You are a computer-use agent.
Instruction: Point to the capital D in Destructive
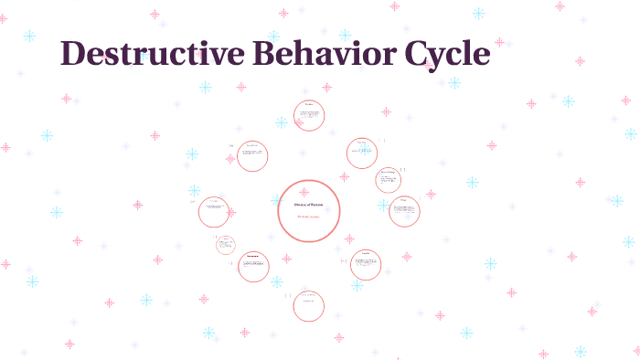click(74, 54)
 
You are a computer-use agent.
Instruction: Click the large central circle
click(309, 211)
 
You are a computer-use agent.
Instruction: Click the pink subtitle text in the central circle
click(308, 217)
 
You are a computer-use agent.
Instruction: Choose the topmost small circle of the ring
click(309, 116)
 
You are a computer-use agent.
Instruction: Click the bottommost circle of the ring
click(309, 306)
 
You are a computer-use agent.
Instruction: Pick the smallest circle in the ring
click(226, 244)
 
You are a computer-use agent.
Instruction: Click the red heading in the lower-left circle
click(253, 256)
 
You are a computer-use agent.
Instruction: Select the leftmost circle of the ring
click(214, 212)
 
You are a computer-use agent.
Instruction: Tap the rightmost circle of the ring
click(404, 211)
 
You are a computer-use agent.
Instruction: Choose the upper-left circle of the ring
click(252, 156)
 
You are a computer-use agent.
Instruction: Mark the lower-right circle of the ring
click(366, 265)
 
